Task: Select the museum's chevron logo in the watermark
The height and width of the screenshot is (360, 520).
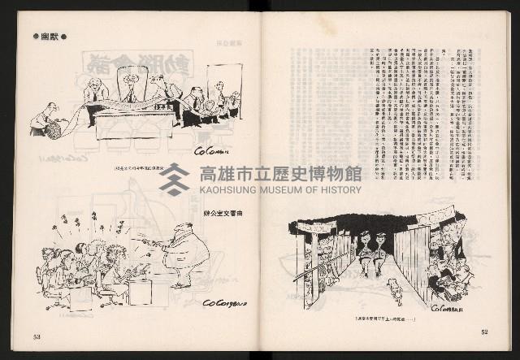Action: tap(174, 180)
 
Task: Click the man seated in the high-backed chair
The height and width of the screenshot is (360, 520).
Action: tap(129, 86)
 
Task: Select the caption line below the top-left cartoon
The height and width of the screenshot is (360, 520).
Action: tap(145, 169)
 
